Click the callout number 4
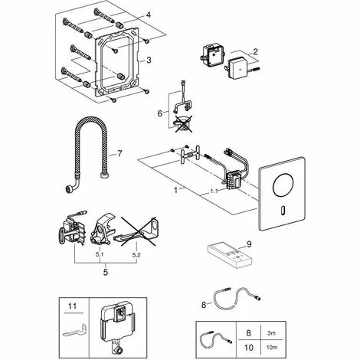click(x=149, y=14)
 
